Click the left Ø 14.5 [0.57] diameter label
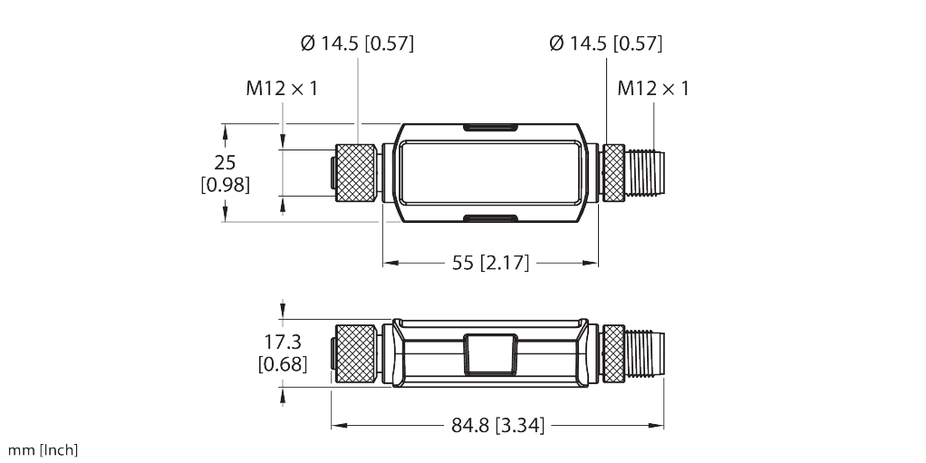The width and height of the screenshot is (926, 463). coord(355,43)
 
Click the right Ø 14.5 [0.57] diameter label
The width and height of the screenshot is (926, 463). coord(605,43)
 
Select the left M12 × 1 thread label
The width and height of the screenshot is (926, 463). coord(282,89)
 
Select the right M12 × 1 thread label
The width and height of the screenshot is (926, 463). coord(653,89)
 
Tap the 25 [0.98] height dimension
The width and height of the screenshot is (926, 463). coord(225,173)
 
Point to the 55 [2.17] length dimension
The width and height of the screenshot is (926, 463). coord(489,264)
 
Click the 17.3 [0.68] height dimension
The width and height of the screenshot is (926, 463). coord(282,353)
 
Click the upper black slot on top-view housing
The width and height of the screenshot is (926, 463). coord(489,128)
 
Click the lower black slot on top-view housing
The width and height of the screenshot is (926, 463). coord(489,217)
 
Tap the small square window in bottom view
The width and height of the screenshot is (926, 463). coord(489,353)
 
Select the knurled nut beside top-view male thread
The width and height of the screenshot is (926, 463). coord(613,172)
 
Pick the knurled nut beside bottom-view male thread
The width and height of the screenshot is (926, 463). coord(613,352)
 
